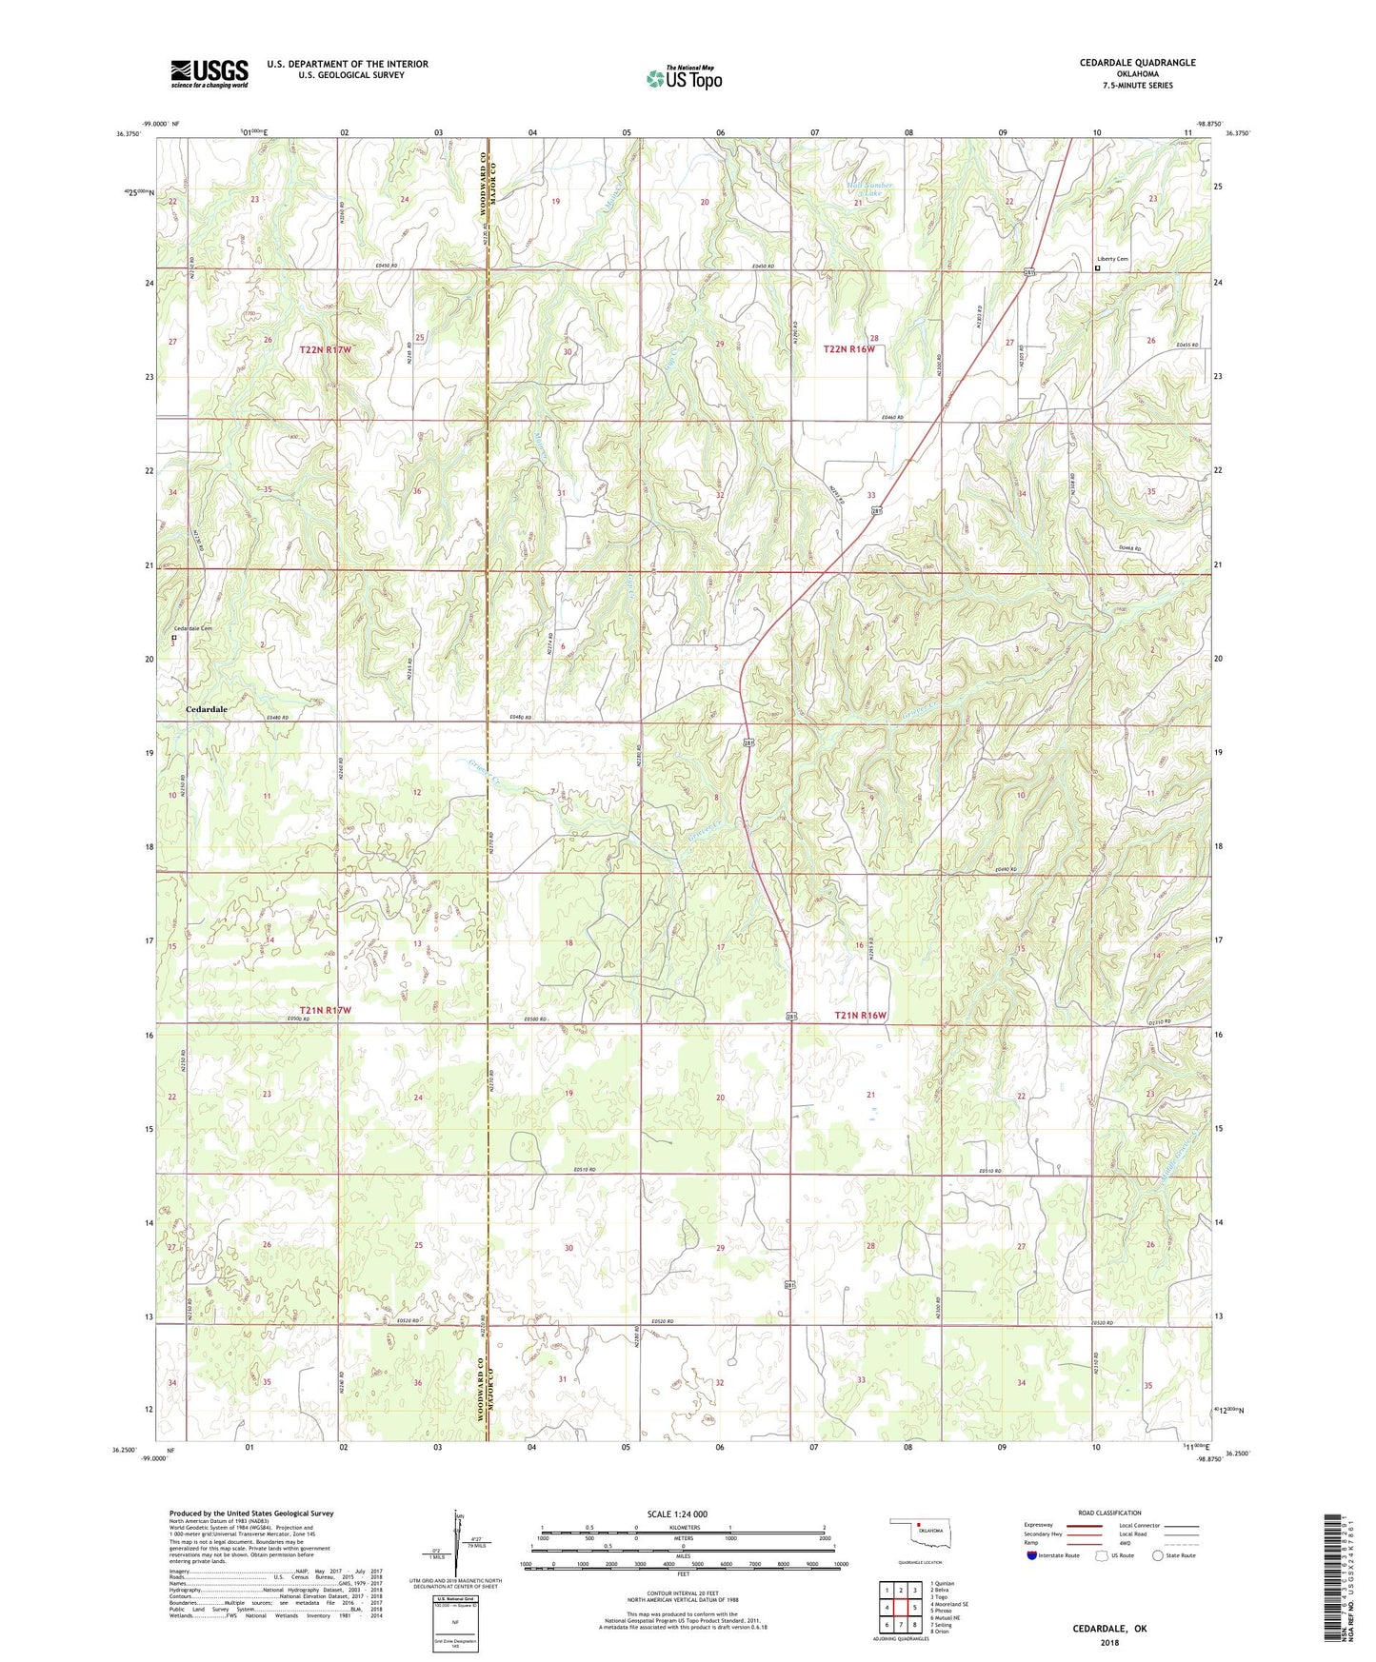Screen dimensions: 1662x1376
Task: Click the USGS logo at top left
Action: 209,73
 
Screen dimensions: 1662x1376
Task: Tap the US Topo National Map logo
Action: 683,78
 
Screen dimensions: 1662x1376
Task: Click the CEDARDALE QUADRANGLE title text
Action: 1137,63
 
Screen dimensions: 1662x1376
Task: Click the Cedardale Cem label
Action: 192,628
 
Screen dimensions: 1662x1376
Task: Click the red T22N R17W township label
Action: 326,350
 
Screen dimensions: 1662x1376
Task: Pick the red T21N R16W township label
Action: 860,1016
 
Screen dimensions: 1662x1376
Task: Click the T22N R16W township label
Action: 848,349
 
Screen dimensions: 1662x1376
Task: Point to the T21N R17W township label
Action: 326,1010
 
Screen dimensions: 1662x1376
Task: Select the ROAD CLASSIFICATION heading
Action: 1109,1513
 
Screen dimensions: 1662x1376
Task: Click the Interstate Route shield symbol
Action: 1033,1555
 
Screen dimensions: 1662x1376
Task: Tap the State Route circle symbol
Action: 1158,1555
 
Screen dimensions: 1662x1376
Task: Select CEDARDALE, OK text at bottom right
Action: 1109,1629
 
